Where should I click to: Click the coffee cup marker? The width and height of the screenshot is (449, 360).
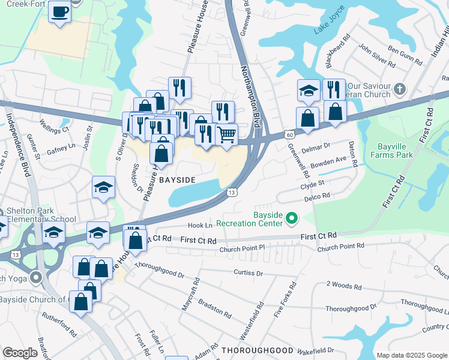click(59, 12)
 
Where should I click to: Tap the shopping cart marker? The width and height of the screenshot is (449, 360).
click(226, 135)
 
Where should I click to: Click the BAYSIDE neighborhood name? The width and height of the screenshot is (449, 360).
click(177, 180)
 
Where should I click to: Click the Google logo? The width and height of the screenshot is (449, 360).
click(20, 353)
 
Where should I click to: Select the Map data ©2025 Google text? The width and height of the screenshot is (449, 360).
click(411, 355)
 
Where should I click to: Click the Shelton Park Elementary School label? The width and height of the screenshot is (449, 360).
click(38, 215)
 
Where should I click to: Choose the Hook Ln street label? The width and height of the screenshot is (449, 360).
click(200, 226)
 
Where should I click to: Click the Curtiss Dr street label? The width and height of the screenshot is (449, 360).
click(248, 272)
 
